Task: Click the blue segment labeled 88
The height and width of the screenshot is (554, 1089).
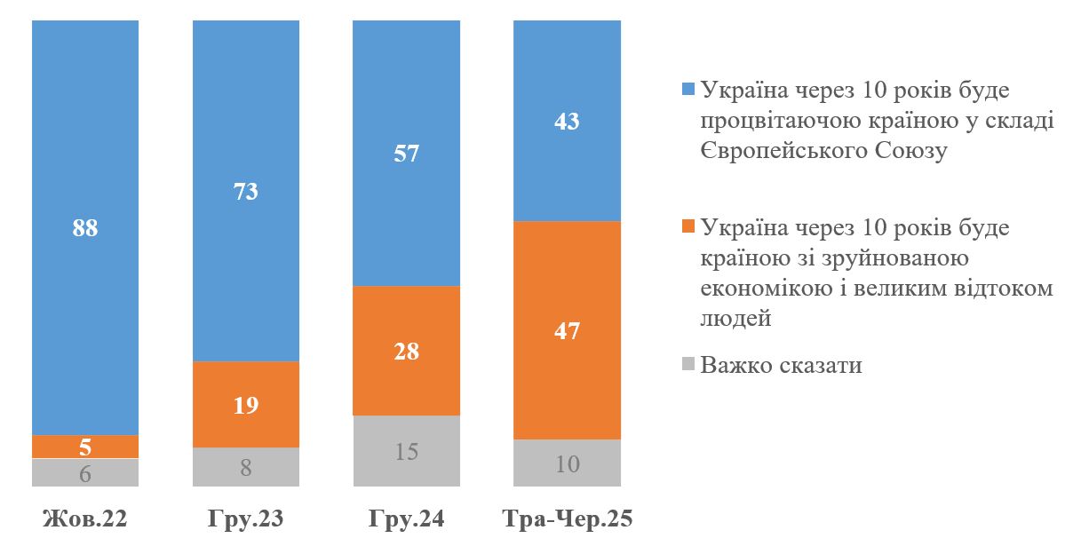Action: (85, 226)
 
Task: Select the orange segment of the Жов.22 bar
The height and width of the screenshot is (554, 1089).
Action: (85, 447)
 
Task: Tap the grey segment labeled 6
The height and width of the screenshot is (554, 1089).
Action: (85, 472)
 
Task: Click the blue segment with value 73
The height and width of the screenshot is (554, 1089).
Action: (246, 190)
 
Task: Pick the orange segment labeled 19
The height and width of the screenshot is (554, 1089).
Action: (246, 405)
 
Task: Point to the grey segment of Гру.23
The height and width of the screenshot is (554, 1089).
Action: (246, 467)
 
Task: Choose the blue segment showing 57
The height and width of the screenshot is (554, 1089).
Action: (407, 153)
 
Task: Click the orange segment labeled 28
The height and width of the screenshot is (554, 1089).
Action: (407, 351)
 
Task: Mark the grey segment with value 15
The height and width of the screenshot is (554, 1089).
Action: (407, 451)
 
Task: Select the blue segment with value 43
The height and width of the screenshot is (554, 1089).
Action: (567, 120)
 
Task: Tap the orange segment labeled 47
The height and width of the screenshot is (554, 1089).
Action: (567, 330)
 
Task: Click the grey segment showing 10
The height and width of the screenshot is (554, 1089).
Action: (567, 463)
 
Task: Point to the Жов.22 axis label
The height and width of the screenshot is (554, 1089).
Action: (85, 519)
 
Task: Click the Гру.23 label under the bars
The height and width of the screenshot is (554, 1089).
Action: (246, 519)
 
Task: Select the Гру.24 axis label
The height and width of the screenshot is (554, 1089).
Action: (407, 519)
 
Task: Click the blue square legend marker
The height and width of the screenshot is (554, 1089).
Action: (688, 90)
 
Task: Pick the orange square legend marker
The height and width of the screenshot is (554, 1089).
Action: (688, 227)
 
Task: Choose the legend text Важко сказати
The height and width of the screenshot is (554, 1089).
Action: (781, 365)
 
